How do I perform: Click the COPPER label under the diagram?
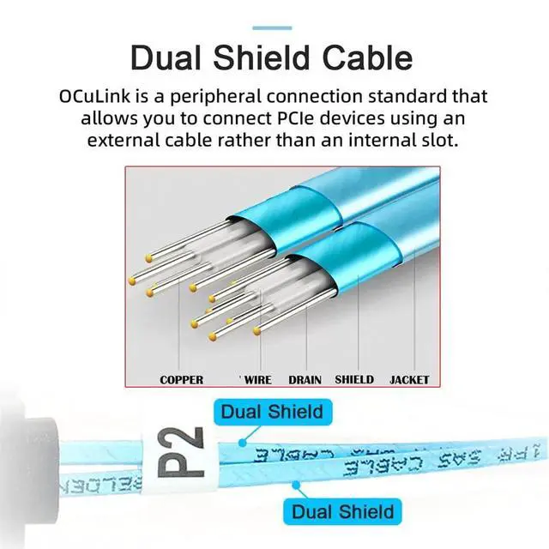(182, 379)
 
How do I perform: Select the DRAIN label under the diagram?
(305, 379)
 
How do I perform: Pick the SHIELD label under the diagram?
(354, 379)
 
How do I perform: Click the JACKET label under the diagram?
(409, 379)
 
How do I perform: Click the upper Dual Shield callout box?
(272, 412)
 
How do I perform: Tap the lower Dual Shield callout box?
(342, 513)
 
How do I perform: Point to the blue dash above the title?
(274, 28)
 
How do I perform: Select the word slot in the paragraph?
(458, 138)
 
